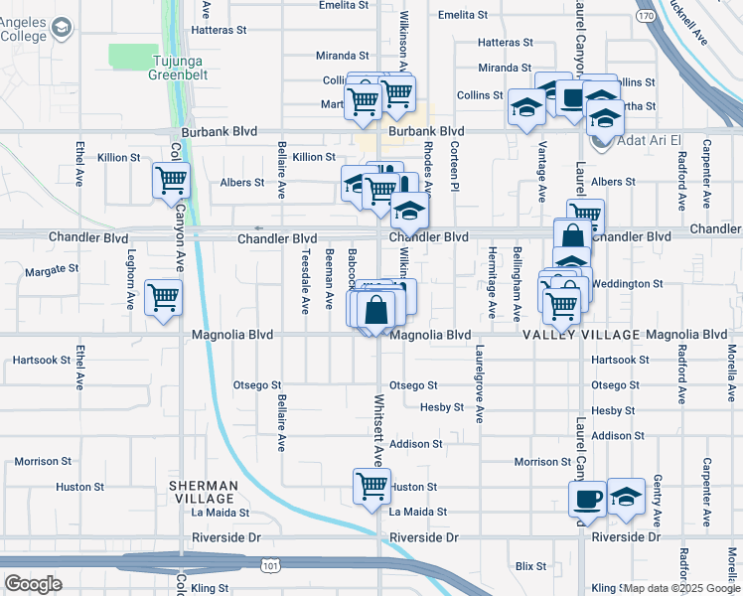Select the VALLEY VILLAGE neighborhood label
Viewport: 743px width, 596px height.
tap(582, 336)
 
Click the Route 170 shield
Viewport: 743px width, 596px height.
tap(646, 16)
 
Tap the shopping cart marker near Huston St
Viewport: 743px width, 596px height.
tap(371, 487)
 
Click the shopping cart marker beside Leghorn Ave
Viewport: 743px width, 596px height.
tap(163, 297)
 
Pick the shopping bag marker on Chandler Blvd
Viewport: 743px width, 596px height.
tap(572, 237)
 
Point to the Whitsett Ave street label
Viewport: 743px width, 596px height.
tap(378, 431)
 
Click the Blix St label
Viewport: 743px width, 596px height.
tap(531, 566)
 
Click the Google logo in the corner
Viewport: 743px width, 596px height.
tap(33, 584)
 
